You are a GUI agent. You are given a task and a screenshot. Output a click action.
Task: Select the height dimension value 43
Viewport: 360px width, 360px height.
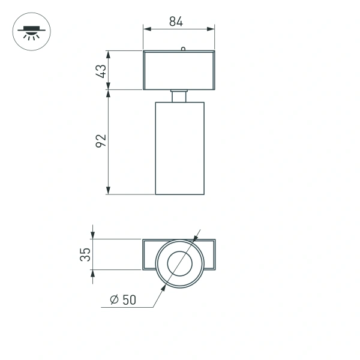point(101,71)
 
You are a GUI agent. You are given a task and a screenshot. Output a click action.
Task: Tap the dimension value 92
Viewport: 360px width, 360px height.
point(101,142)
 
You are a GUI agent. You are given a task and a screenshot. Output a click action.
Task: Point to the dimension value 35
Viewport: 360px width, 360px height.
point(85,254)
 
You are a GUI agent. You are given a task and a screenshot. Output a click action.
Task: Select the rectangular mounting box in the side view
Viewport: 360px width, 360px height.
point(179,70)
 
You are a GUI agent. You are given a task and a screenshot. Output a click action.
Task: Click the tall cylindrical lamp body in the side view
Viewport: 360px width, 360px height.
point(180,148)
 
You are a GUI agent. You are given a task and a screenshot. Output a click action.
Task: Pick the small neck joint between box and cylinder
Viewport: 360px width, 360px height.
point(179,96)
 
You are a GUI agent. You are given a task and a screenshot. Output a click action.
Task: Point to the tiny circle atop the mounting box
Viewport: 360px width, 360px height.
point(182,49)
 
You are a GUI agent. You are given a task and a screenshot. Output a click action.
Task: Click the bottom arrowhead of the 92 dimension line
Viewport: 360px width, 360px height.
point(108,191)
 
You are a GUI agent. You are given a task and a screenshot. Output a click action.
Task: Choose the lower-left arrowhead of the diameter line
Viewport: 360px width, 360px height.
point(163,290)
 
